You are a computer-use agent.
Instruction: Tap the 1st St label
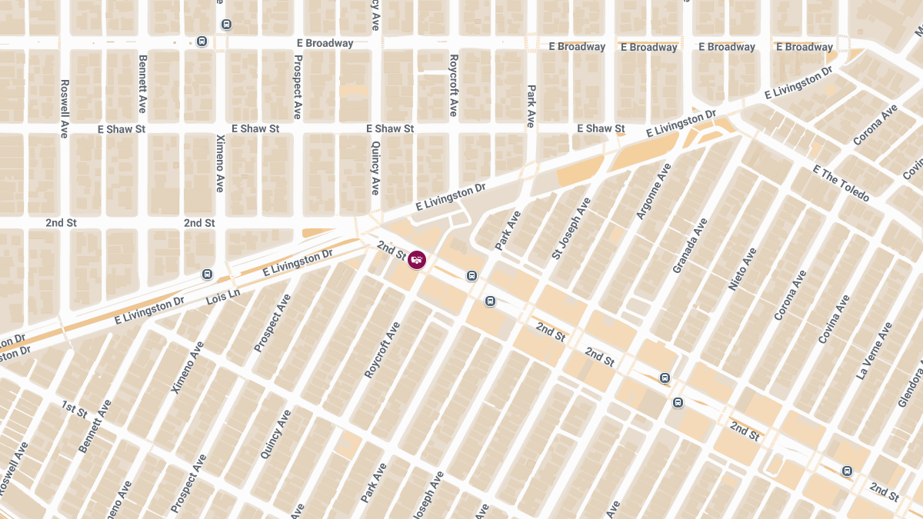pos(75,410)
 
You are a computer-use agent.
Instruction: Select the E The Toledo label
pos(841,184)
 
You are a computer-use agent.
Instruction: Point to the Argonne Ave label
pos(654,191)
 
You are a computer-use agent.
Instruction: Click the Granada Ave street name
pos(689,245)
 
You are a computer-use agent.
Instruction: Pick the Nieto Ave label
pos(742,268)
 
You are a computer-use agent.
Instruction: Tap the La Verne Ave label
pos(874,351)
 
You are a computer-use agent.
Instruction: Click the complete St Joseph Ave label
pos(571,228)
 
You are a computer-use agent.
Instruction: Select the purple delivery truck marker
pos(417,260)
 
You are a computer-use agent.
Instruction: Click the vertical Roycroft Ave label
pos(453,85)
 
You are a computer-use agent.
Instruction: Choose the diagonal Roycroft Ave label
pos(382,350)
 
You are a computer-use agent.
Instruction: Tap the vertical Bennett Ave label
pos(142,83)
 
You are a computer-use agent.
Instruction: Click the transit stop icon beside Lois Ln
pos(207,274)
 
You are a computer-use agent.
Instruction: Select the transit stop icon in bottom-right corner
pos(847,471)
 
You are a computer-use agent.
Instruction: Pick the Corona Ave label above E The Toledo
pos(875,125)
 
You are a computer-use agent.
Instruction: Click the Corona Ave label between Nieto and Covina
pos(790,295)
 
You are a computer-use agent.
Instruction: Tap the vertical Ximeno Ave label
pos(221,163)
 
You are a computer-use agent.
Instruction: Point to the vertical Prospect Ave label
pos(297,87)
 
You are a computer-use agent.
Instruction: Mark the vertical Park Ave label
pos(531,106)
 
